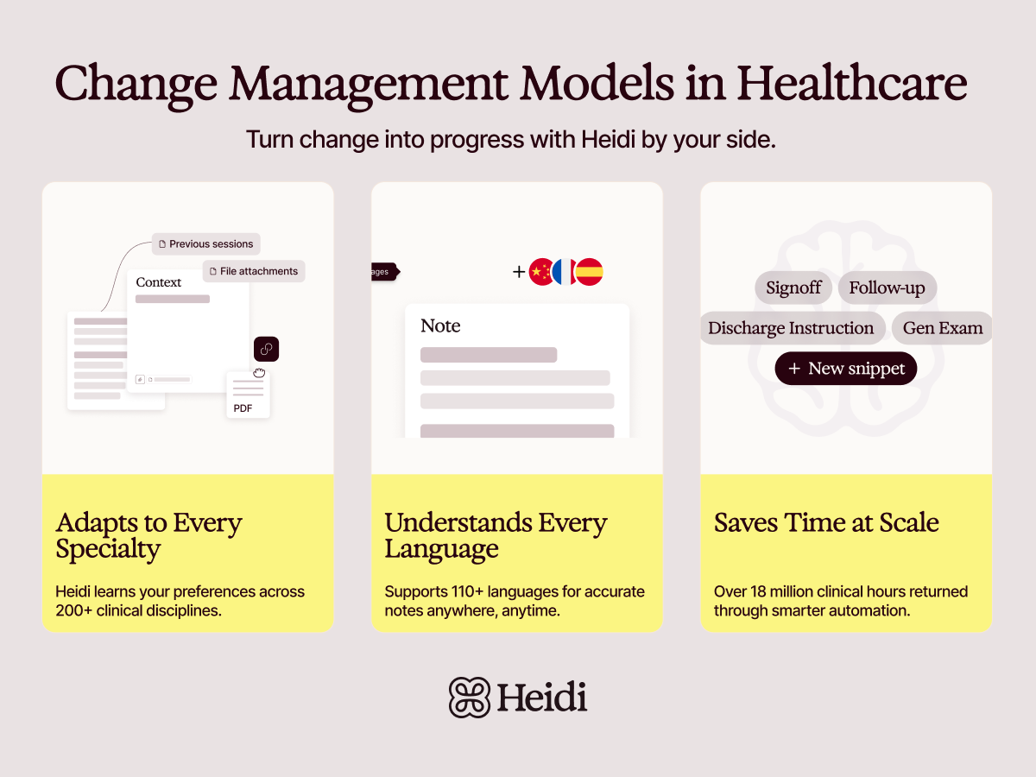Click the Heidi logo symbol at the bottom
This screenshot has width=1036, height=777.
[x=470, y=697]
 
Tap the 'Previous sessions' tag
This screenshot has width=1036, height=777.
[x=206, y=244]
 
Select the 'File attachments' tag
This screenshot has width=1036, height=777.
[x=254, y=271]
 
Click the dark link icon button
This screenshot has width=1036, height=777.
[x=266, y=349]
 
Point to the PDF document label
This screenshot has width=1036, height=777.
[x=243, y=408]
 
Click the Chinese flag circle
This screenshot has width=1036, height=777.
[x=541, y=272]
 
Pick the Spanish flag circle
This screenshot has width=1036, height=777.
[x=589, y=272]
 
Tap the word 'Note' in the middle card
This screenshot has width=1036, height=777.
[x=440, y=326]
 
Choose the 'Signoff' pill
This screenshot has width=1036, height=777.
[x=793, y=287]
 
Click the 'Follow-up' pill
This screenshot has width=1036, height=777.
[x=887, y=287]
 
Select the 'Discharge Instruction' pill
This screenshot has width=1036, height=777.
[x=791, y=328]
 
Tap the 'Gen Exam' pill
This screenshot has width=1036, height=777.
[x=943, y=328]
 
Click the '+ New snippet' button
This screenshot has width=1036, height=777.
[x=846, y=369]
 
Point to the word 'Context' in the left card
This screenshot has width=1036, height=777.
[x=159, y=282]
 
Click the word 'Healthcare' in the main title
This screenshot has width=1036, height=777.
[x=852, y=84]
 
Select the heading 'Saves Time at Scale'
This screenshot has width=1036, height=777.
[x=826, y=523]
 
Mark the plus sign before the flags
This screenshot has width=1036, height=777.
[x=519, y=272]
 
